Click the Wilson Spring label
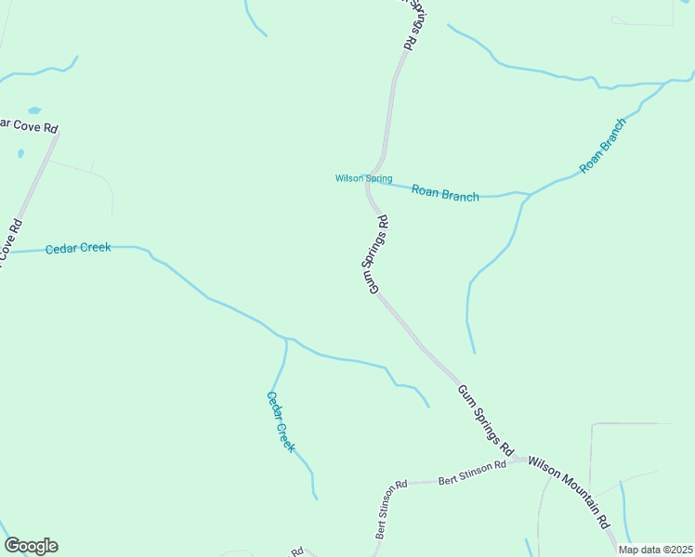click(363, 178)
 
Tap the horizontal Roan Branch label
click(445, 193)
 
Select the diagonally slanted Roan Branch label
click(603, 146)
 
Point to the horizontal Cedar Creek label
click(78, 248)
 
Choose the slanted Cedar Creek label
click(281, 421)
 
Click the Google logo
click(31, 546)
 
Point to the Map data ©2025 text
click(654, 550)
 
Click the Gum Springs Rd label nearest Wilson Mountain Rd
click(486, 419)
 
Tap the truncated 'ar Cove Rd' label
click(30, 125)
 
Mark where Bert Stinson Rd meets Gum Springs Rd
click(518, 460)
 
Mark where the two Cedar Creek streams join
click(286, 339)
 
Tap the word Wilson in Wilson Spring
click(348, 178)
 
